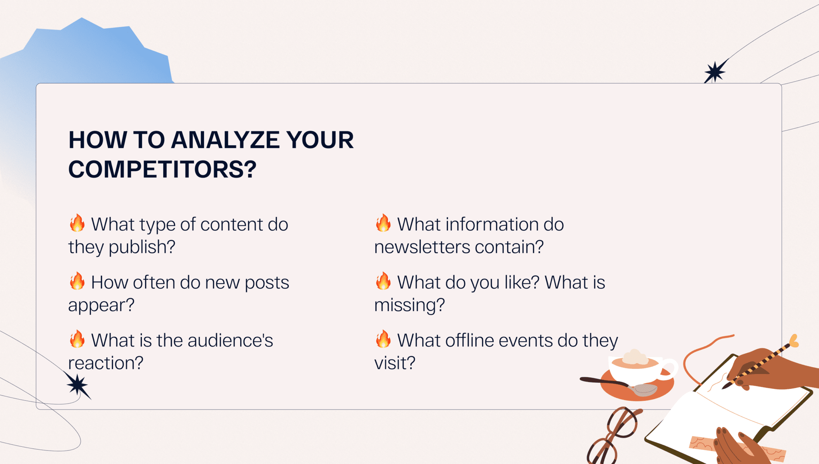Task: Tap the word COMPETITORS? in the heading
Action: pos(162,169)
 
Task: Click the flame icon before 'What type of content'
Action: pos(77,223)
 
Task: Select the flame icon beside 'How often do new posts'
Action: pos(77,281)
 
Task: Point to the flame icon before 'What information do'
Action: pos(383,223)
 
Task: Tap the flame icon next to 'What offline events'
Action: pos(383,339)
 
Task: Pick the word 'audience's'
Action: pos(230,340)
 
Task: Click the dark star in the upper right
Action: pos(715,72)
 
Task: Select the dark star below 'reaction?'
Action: pos(78,386)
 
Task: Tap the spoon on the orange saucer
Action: pos(619,385)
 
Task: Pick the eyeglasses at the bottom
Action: pos(614,436)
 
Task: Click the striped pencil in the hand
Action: pos(760,362)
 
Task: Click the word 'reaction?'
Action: pos(106,363)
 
